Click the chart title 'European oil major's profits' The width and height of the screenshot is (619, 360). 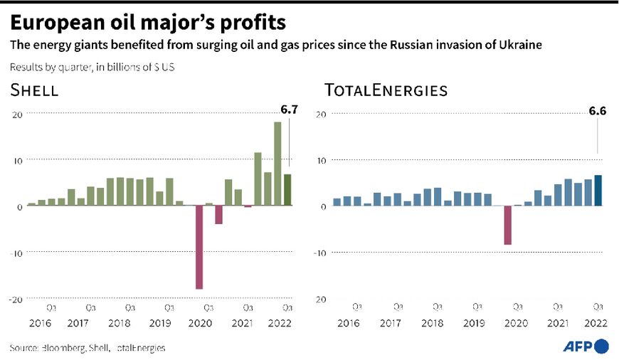(x=148, y=22)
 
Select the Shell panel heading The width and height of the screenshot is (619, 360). (x=34, y=90)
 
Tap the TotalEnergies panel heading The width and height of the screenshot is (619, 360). (x=386, y=90)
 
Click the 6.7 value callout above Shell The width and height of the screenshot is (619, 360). (x=288, y=110)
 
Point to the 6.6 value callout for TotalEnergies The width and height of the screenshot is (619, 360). (x=597, y=110)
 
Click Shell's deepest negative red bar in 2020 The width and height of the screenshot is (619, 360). (x=199, y=247)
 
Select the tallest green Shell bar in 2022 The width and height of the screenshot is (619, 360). (x=277, y=164)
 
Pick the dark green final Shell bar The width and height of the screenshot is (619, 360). (x=287, y=190)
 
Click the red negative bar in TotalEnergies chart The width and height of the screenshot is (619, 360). (x=508, y=225)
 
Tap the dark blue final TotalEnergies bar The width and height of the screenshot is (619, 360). (x=598, y=191)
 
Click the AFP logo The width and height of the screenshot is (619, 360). (x=586, y=346)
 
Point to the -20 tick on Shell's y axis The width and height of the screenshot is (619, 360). (x=16, y=299)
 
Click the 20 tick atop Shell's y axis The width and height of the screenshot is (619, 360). (x=18, y=114)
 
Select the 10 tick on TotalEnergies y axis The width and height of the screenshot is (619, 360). (x=322, y=160)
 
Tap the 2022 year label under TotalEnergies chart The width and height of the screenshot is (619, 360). (x=597, y=323)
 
